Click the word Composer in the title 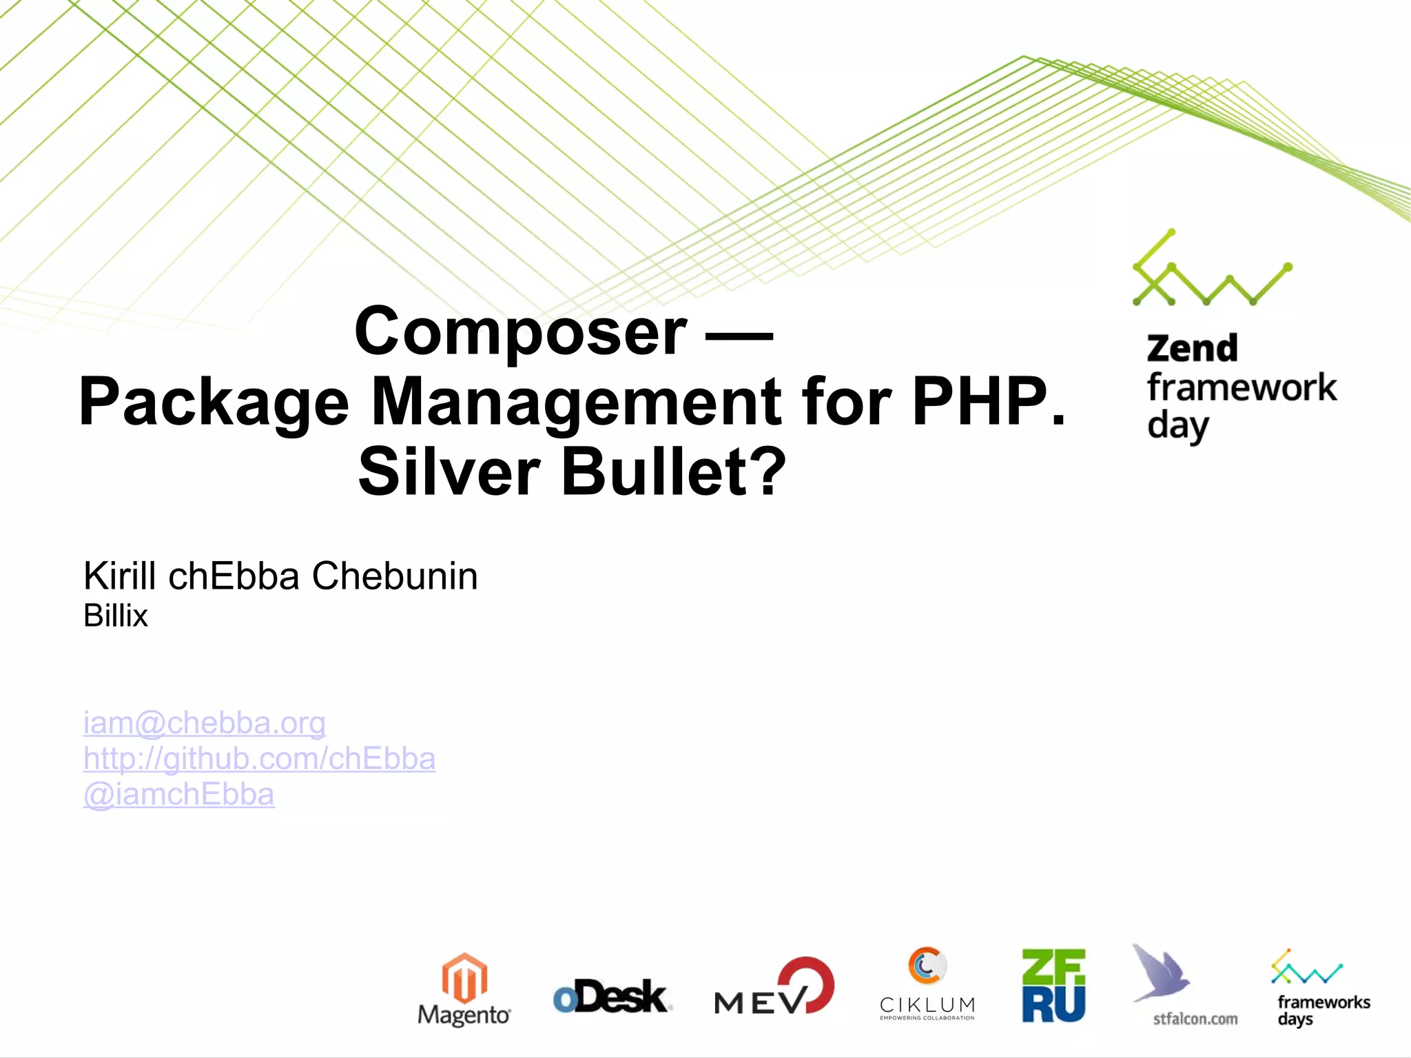point(520,332)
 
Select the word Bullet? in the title point(673,472)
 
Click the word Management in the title point(576,402)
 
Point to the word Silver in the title point(449,472)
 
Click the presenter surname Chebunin point(395,576)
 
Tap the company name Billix point(116,616)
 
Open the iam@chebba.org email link point(204,723)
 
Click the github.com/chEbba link point(259,759)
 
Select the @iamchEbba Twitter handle point(178,795)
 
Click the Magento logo point(464,988)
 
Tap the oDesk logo point(611,997)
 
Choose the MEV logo point(774,987)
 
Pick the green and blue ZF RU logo point(1053,986)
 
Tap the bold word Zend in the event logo point(1192,348)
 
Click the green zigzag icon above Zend point(1211,269)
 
